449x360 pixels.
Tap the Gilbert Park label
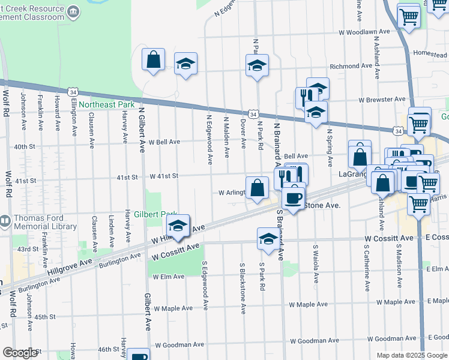click(154, 214)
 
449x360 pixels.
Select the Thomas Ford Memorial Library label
click(43, 223)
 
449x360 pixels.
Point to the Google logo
click(20, 352)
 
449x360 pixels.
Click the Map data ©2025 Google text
click(412, 355)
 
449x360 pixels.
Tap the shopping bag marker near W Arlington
click(257, 188)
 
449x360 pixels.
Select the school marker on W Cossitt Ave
click(268, 239)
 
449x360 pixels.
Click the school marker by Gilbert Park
click(178, 226)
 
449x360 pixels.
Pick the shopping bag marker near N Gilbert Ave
click(154, 59)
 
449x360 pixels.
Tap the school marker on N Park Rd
click(257, 65)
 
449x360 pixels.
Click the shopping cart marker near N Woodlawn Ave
click(409, 16)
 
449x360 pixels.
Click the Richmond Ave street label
click(351, 66)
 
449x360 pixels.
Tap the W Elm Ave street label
click(168, 277)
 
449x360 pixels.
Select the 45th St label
click(44, 316)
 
